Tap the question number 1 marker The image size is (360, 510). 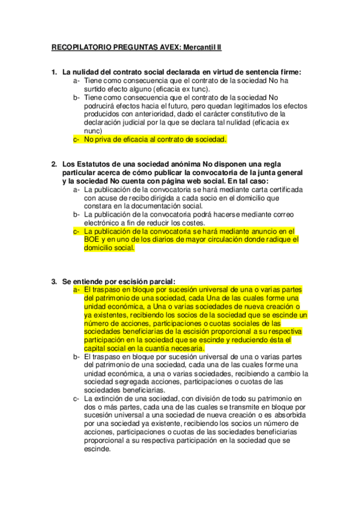pyautogui.click(x=53, y=72)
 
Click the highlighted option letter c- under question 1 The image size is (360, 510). pyautogui.click(x=76, y=140)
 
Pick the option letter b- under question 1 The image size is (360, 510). pyautogui.click(x=76, y=97)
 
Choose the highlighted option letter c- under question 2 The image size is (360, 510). pyautogui.click(x=76, y=231)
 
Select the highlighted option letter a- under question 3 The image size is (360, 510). pyautogui.click(x=76, y=290)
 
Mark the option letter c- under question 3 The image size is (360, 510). pyautogui.click(x=76, y=398)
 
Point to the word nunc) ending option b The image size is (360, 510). pyautogui.click(x=93, y=131)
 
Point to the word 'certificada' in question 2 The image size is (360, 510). pyautogui.click(x=283, y=189)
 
